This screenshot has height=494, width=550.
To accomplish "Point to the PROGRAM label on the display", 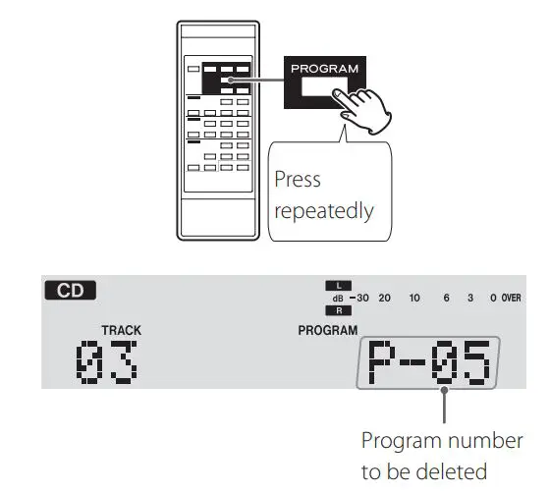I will click(x=328, y=331).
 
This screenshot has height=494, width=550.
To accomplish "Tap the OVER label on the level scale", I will click(x=511, y=298).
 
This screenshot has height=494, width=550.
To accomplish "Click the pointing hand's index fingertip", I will click(x=336, y=95).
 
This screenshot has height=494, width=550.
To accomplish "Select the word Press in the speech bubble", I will click(x=298, y=181).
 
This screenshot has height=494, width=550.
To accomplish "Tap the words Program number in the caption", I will click(x=441, y=439).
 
